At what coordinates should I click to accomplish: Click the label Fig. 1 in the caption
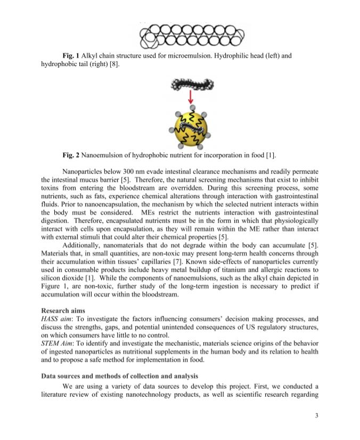click(71, 55)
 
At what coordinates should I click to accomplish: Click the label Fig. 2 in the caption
click(71, 155)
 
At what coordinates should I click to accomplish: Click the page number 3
click(316, 415)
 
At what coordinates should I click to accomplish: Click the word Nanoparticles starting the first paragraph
click(81, 172)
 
